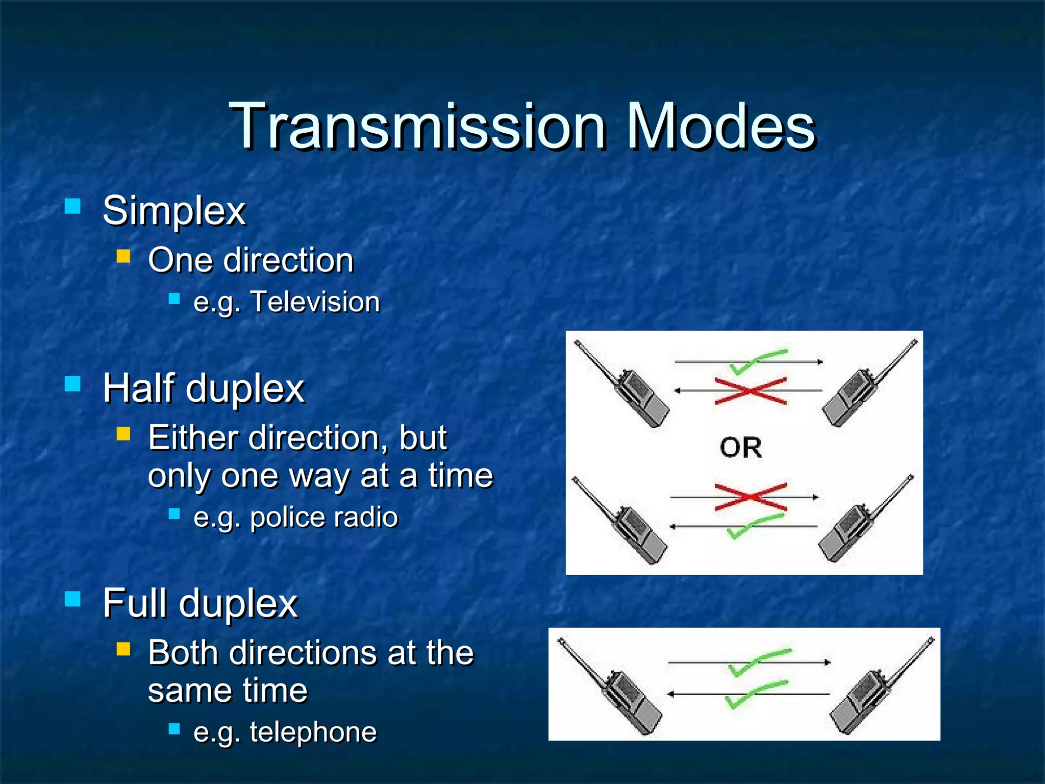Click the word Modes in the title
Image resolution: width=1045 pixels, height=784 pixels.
point(720,127)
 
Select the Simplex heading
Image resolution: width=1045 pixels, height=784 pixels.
point(174,210)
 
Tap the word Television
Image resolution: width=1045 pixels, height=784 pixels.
point(315,302)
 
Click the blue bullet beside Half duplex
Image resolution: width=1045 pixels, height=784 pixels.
point(73,384)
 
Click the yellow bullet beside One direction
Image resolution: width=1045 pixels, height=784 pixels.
point(123,256)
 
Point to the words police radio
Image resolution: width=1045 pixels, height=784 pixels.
point(324,517)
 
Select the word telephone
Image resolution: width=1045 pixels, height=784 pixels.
point(313,732)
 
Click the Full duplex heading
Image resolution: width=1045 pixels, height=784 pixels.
point(200,603)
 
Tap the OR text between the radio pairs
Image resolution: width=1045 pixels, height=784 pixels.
point(741,448)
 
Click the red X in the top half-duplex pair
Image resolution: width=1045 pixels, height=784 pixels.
point(750,391)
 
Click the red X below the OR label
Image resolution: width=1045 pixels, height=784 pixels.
point(750,497)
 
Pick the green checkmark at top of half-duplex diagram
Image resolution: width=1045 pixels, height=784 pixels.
point(758,360)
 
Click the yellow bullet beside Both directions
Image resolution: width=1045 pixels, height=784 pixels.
point(123,649)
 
